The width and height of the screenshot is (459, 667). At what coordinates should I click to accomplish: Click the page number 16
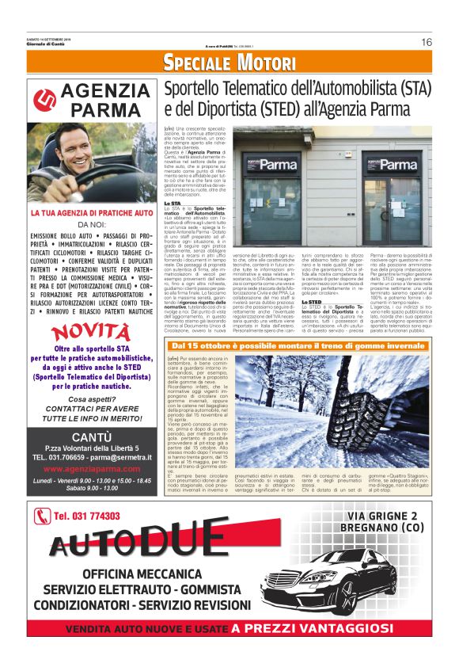[426, 42]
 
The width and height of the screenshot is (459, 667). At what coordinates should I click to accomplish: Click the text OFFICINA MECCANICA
[158, 574]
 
